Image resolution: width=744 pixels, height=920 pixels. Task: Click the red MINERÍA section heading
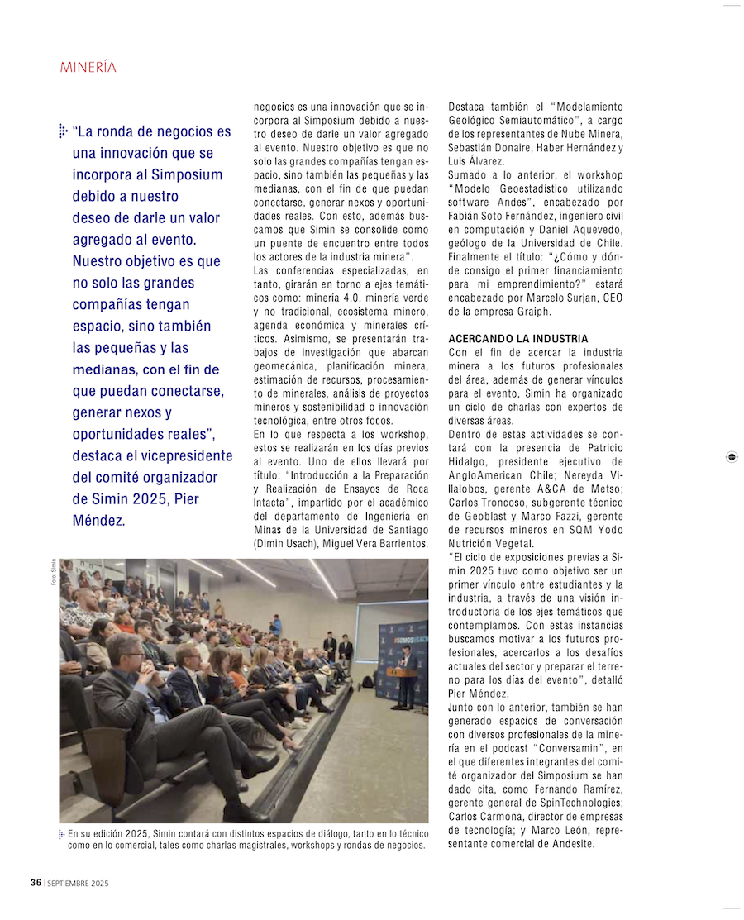click(88, 68)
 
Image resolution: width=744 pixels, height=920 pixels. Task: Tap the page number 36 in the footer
click(36, 883)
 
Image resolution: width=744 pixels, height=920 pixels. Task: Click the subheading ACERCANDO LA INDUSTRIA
click(518, 339)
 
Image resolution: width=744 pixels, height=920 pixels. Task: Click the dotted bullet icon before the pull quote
click(63, 131)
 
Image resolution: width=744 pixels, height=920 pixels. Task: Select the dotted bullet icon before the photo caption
click(62, 834)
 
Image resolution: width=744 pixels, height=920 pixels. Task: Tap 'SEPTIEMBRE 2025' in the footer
click(79, 884)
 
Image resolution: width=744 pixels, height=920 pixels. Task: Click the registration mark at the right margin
click(731, 456)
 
